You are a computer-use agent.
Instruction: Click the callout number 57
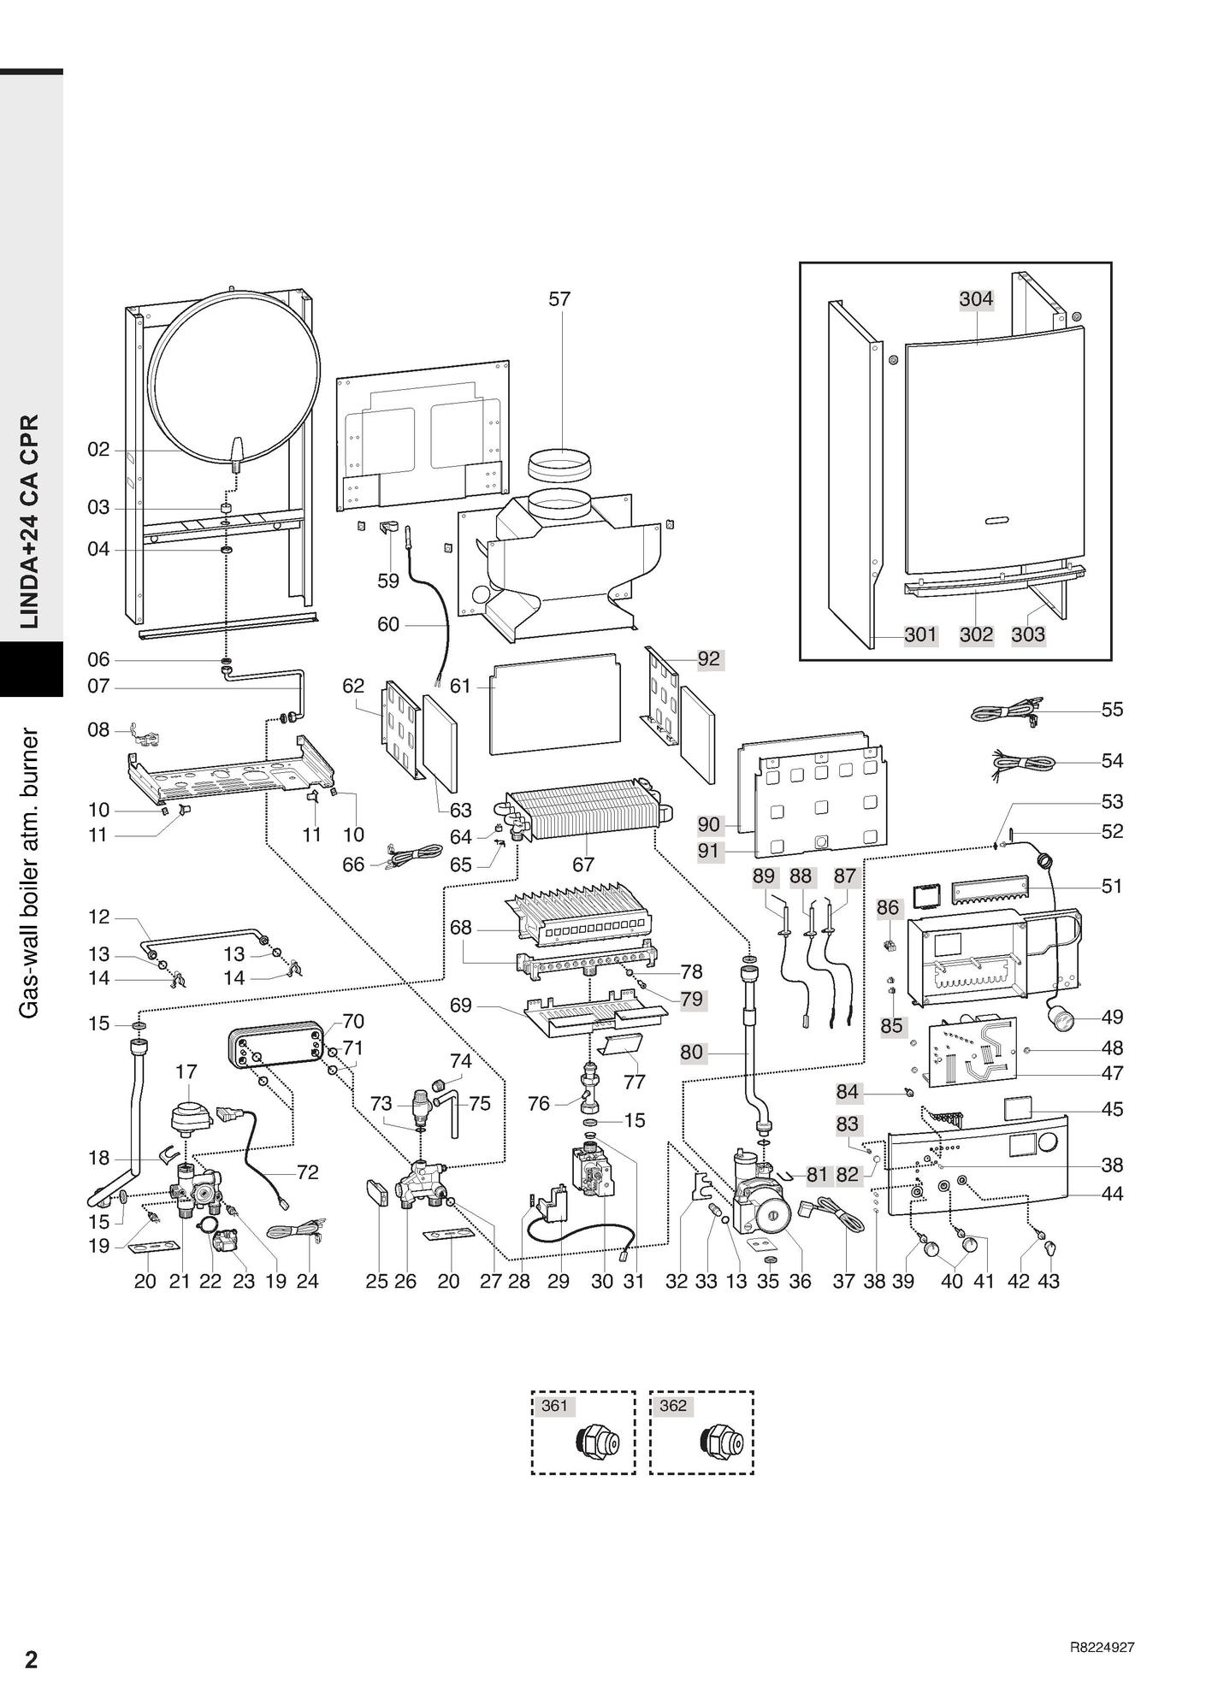coord(559,299)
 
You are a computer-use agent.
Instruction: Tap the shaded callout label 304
coord(976,298)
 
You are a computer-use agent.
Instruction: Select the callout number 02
coord(99,450)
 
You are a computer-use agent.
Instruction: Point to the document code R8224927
coord(1103,1648)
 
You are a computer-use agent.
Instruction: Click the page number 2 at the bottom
coord(32,1660)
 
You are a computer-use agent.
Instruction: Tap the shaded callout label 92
coord(709,659)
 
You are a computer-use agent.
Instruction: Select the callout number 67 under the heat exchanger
coord(583,864)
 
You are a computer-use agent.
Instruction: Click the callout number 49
coord(1112,1018)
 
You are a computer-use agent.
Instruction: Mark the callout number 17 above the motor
coord(186,1071)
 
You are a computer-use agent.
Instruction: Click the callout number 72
coord(307,1172)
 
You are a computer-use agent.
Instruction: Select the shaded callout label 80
coord(691,1053)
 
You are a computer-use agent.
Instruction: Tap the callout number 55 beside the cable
coord(1112,710)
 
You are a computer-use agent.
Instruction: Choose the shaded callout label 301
coord(921,634)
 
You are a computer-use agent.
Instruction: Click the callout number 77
coord(634,1082)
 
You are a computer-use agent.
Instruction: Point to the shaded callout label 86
coord(889,907)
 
